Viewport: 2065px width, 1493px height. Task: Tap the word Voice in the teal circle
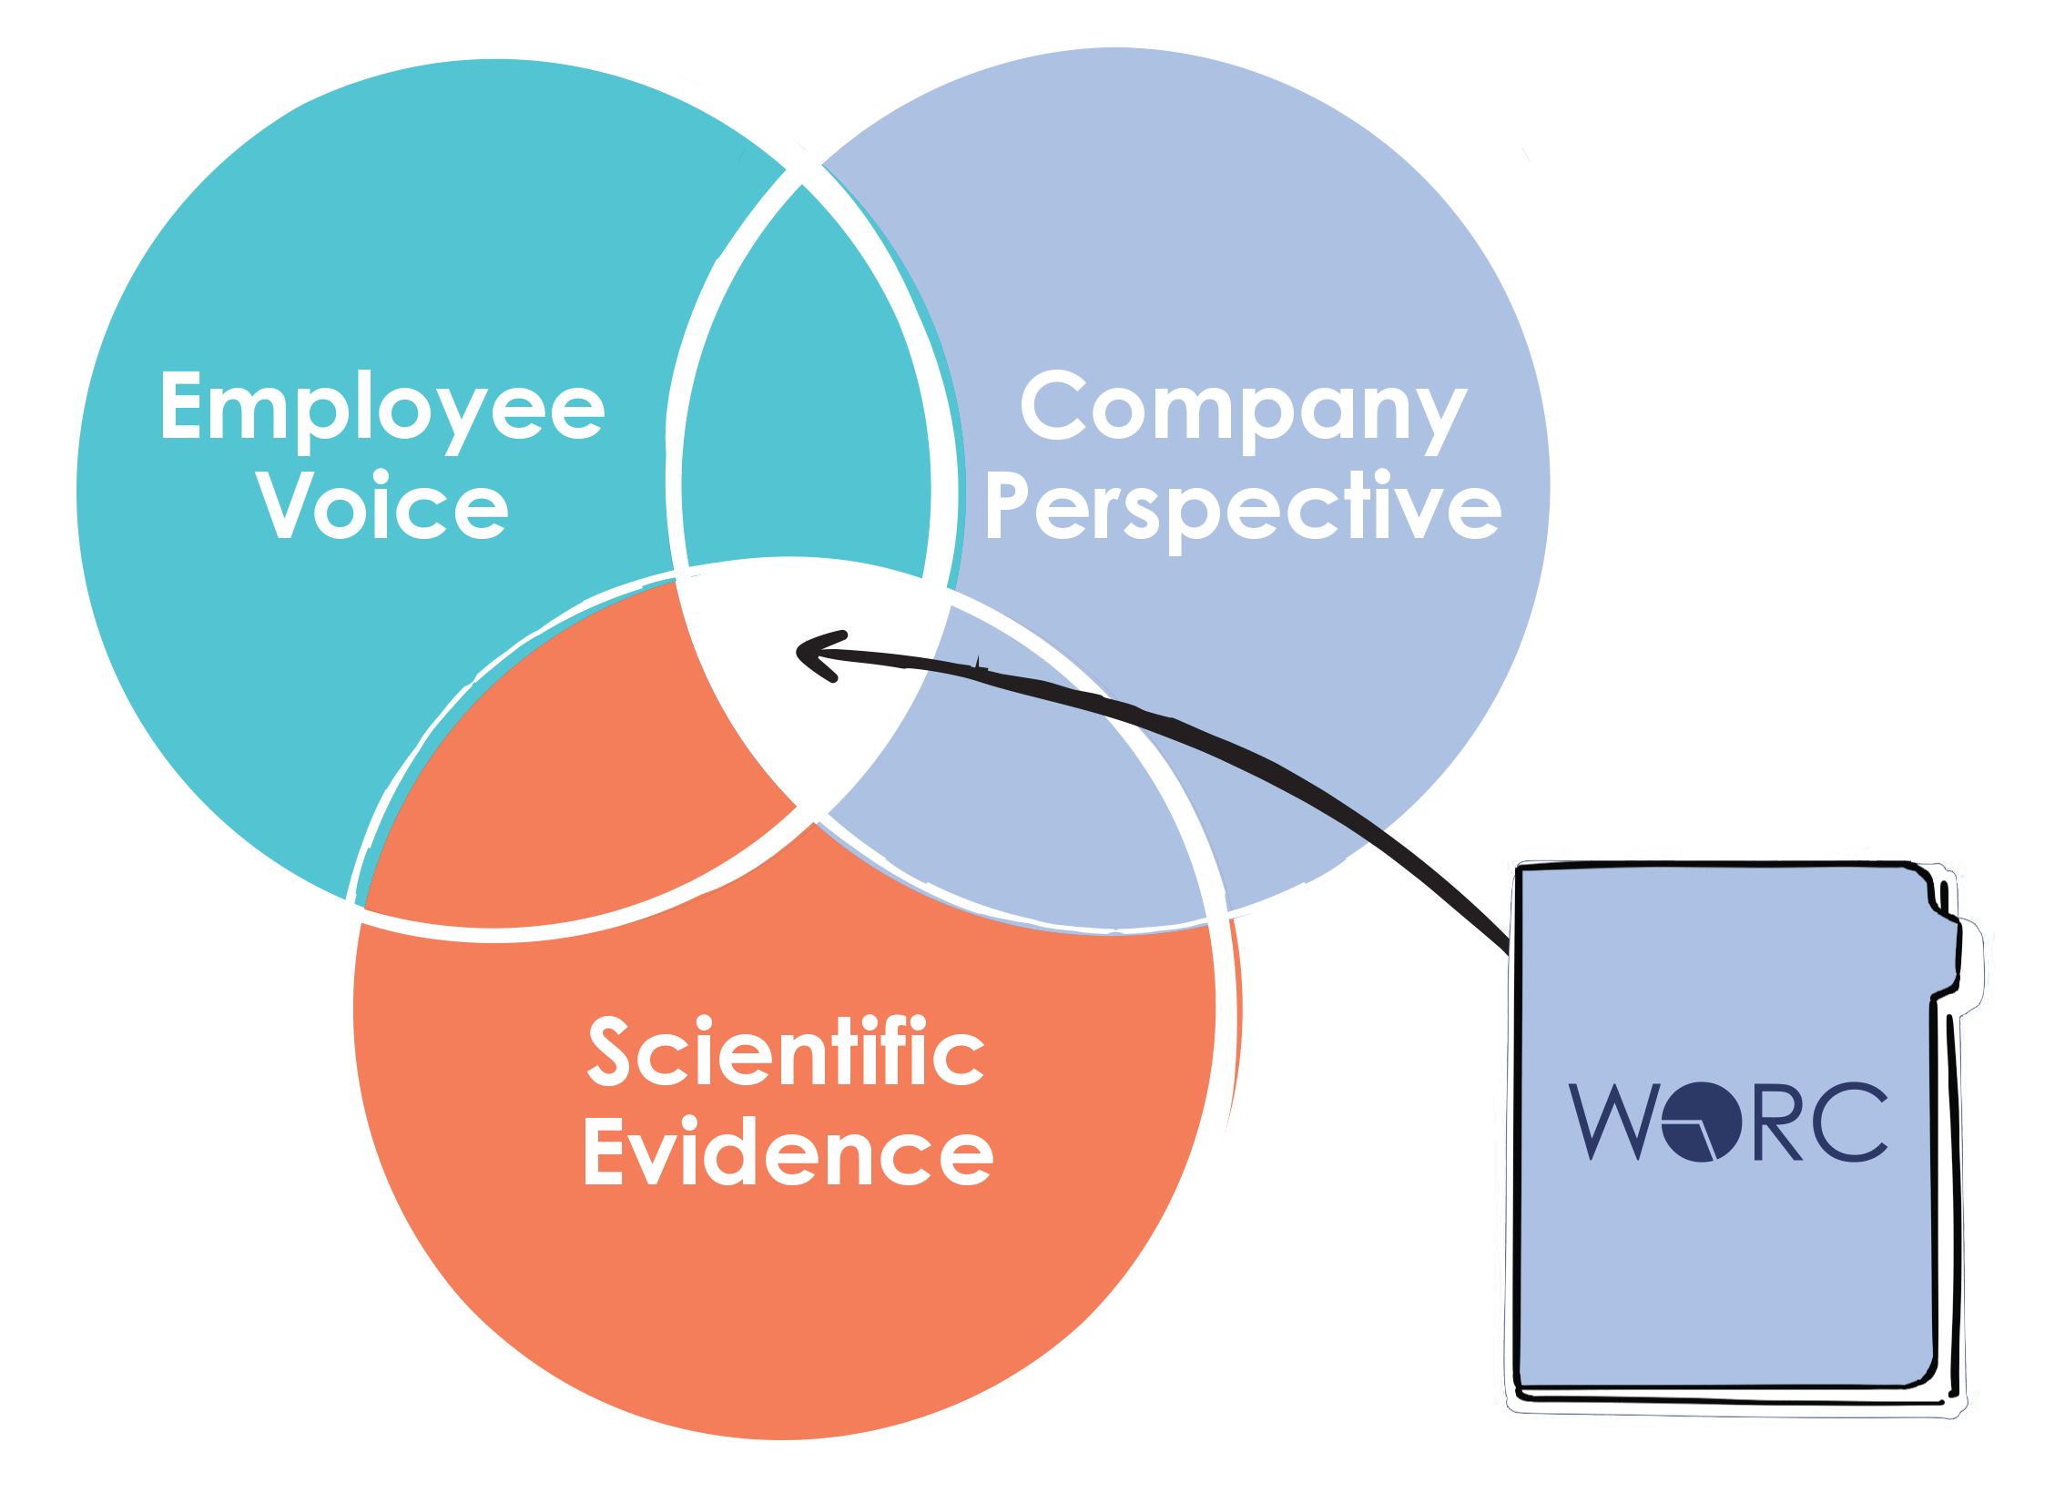click(382, 506)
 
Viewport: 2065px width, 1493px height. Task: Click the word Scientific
click(786, 1053)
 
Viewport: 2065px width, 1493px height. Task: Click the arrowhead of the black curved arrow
click(813, 654)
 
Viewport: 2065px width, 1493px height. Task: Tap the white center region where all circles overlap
click(801, 692)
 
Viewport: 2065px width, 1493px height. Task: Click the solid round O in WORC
click(1701, 1122)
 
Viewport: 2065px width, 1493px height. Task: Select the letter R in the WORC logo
click(1776, 1122)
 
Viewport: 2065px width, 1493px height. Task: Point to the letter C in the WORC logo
click(1854, 1122)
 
